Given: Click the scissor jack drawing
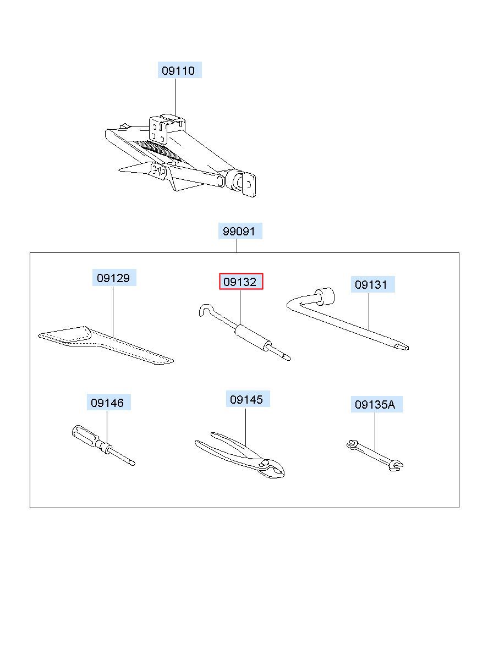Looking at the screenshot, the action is coord(180,156).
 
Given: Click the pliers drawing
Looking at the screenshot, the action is coord(240,455).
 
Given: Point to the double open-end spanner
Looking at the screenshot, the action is coord(375,455).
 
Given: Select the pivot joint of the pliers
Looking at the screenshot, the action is coord(264,463).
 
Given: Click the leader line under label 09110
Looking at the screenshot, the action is coord(176,97).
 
